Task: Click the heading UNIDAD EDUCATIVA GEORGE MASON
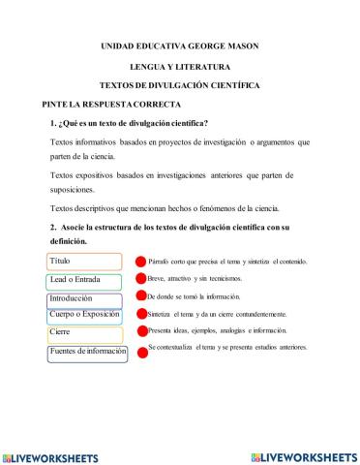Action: coord(180,46)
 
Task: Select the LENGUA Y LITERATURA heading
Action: coord(180,67)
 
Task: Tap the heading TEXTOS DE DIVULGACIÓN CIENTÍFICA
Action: coord(180,85)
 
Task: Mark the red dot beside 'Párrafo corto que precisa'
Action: coord(140,263)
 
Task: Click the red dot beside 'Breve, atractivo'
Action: coord(140,279)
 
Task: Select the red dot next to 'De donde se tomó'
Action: coord(140,296)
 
